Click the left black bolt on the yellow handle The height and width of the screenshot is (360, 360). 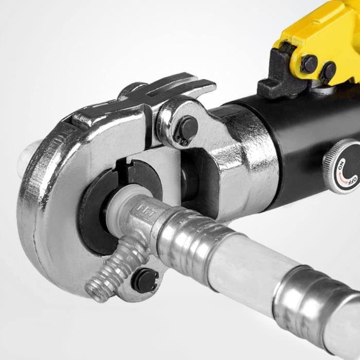[309, 64]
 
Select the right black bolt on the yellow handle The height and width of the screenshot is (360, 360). [328, 71]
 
